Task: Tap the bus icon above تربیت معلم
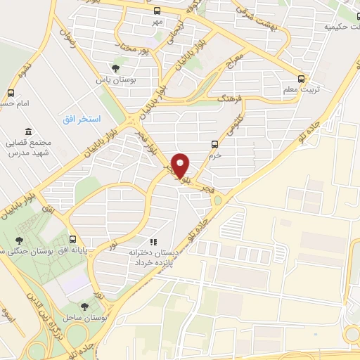point(301,79)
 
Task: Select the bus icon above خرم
point(215,145)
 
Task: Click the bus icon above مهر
point(156,11)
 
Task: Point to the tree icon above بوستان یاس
point(115,67)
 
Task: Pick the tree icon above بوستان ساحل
point(85,307)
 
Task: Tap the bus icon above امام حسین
point(11,93)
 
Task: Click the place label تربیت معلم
point(301,89)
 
